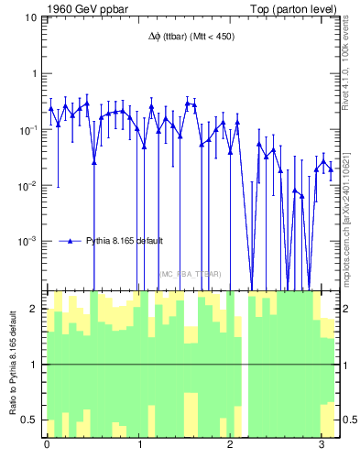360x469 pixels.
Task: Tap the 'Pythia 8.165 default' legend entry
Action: [x=125, y=241]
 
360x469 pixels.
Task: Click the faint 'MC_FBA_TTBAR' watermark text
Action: [x=190, y=273]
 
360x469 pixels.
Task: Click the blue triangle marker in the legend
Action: [x=70, y=241]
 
